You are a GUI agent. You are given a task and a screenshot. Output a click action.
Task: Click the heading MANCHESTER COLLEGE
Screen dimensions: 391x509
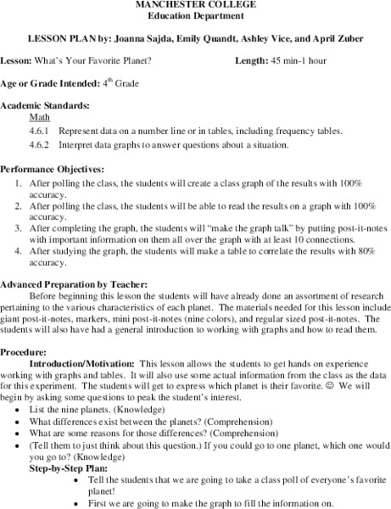[195, 5]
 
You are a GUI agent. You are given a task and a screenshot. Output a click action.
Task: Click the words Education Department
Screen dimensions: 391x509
[195, 16]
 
